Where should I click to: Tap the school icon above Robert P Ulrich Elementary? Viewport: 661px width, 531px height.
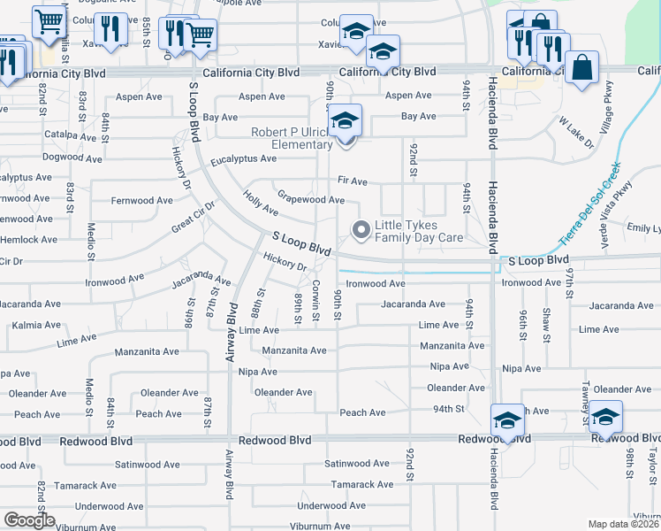click(x=345, y=121)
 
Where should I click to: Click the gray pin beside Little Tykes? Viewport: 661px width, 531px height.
click(x=361, y=231)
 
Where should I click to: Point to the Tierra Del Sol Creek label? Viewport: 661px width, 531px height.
click(x=589, y=204)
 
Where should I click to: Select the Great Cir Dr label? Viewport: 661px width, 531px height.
click(x=194, y=216)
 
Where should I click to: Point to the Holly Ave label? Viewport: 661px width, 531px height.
click(x=261, y=205)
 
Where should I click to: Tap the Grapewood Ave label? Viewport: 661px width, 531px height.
click(x=310, y=199)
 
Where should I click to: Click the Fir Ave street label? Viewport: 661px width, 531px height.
click(x=352, y=181)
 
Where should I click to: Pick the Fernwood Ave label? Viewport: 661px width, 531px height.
click(x=141, y=201)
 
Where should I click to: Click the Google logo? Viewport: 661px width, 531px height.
click(x=29, y=520)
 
